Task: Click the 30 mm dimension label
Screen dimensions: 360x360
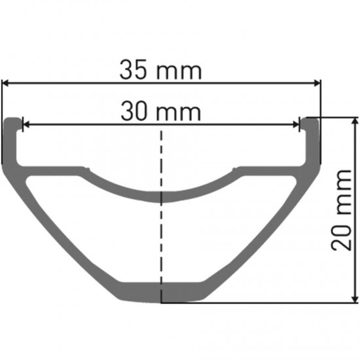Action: pos(161,112)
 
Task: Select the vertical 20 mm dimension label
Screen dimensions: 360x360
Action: pos(340,208)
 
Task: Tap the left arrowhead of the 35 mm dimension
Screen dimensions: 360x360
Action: pos(5,83)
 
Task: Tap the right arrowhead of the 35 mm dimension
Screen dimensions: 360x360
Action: pos(317,83)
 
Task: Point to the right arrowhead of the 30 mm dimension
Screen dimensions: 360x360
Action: pos(297,124)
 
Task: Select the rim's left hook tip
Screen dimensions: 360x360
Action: pos(12,121)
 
